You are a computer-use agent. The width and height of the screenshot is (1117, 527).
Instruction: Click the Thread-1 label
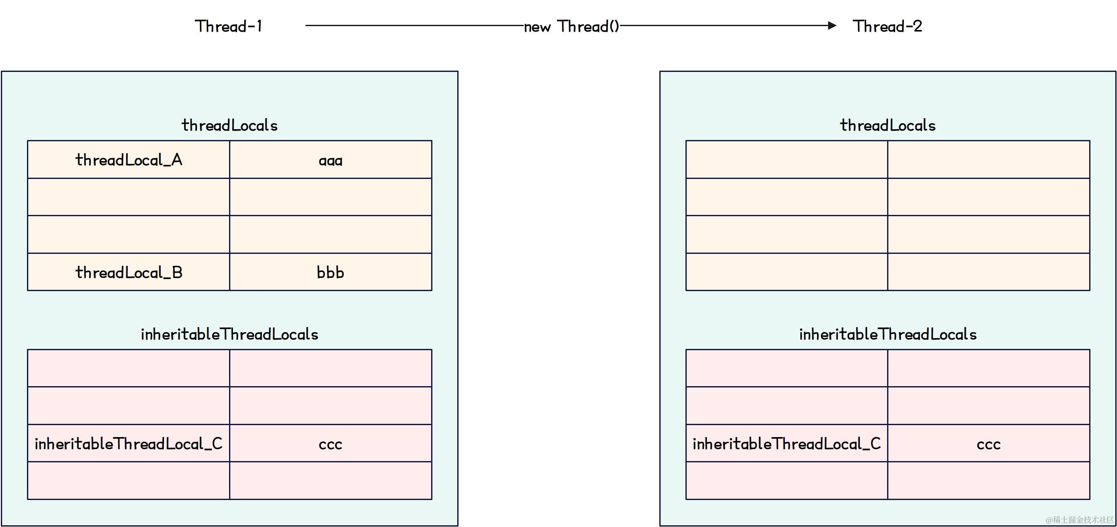(x=229, y=27)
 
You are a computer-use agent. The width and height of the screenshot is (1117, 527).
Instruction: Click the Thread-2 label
(x=887, y=27)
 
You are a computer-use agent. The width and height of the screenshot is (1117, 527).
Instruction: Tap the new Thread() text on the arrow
(x=572, y=27)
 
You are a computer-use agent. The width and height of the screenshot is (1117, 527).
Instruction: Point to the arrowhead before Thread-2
(x=831, y=26)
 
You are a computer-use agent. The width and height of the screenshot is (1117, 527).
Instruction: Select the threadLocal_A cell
(x=129, y=160)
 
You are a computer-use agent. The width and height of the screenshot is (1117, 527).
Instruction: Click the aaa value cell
(x=331, y=160)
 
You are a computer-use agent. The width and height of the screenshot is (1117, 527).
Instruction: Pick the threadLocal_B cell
(x=129, y=272)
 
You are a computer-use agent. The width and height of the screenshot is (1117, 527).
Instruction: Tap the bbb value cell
(x=331, y=272)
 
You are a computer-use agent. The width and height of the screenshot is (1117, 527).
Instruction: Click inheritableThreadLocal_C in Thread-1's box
(x=129, y=443)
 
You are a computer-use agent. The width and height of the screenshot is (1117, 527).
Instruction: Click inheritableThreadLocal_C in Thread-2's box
(x=786, y=443)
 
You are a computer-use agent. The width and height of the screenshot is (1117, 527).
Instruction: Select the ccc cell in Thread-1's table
(x=331, y=443)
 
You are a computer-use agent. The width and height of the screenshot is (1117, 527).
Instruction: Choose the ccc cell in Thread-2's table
(x=988, y=443)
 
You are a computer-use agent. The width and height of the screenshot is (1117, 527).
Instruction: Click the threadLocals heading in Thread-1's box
(x=229, y=125)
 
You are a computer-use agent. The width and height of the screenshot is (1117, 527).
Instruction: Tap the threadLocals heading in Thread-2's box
(x=888, y=125)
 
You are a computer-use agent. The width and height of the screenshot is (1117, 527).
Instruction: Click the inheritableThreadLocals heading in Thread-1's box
(x=229, y=334)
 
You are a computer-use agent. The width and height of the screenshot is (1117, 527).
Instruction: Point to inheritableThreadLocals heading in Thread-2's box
(x=888, y=334)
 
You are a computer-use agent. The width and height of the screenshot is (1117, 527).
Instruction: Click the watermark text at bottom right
(x=1079, y=520)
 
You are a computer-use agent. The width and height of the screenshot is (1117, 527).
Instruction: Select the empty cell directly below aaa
(x=331, y=197)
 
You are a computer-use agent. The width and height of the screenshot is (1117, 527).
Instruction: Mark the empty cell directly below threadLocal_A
(x=129, y=197)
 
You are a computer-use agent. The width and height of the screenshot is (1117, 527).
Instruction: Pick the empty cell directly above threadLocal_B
(x=129, y=234)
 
